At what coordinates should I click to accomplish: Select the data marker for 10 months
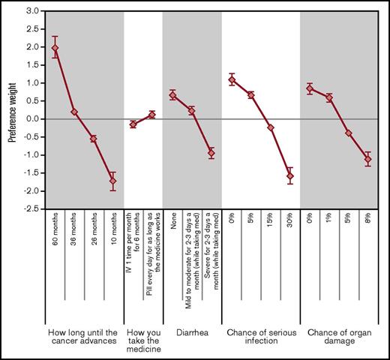pyautogui.click(x=113, y=181)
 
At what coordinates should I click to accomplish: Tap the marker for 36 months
pyautogui.click(x=74, y=112)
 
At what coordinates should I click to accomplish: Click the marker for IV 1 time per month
pyautogui.click(x=133, y=124)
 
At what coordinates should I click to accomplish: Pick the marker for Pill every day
pyautogui.click(x=152, y=115)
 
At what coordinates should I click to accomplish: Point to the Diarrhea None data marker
pyautogui.click(x=172, y=94)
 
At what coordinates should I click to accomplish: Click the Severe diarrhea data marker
pyautogui.click(x=211, y=153)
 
